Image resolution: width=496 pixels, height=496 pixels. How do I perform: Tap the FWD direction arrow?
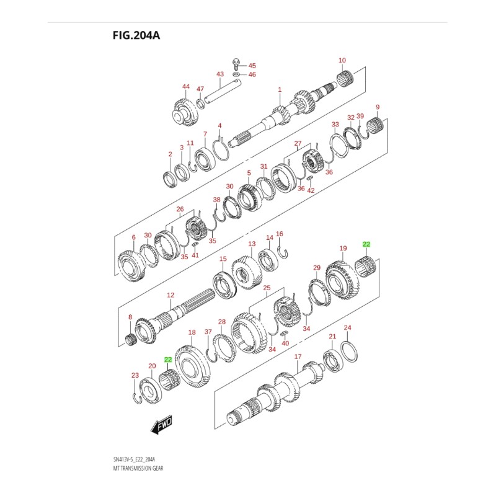tap(162, 426)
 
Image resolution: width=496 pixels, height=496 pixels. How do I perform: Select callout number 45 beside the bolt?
tap(252, 65)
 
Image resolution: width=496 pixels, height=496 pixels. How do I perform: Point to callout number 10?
tap(342, 60)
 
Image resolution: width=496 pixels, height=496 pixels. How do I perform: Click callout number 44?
tap(185, 86)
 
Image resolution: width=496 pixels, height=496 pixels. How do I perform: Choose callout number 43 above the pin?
tap(219, 74)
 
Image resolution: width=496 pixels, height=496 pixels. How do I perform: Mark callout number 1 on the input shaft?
tap(280, 89)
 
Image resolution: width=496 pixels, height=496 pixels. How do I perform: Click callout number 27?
tap(298, 143)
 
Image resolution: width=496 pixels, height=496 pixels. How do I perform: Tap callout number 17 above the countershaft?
tap(298, 356)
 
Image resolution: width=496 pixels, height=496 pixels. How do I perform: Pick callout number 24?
tap(347, 327)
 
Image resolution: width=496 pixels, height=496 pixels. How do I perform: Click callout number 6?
tap(133, 237)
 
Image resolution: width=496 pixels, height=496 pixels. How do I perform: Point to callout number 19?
tap(342, 248)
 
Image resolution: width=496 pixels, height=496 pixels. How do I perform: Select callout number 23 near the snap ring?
tap(135, 375)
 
